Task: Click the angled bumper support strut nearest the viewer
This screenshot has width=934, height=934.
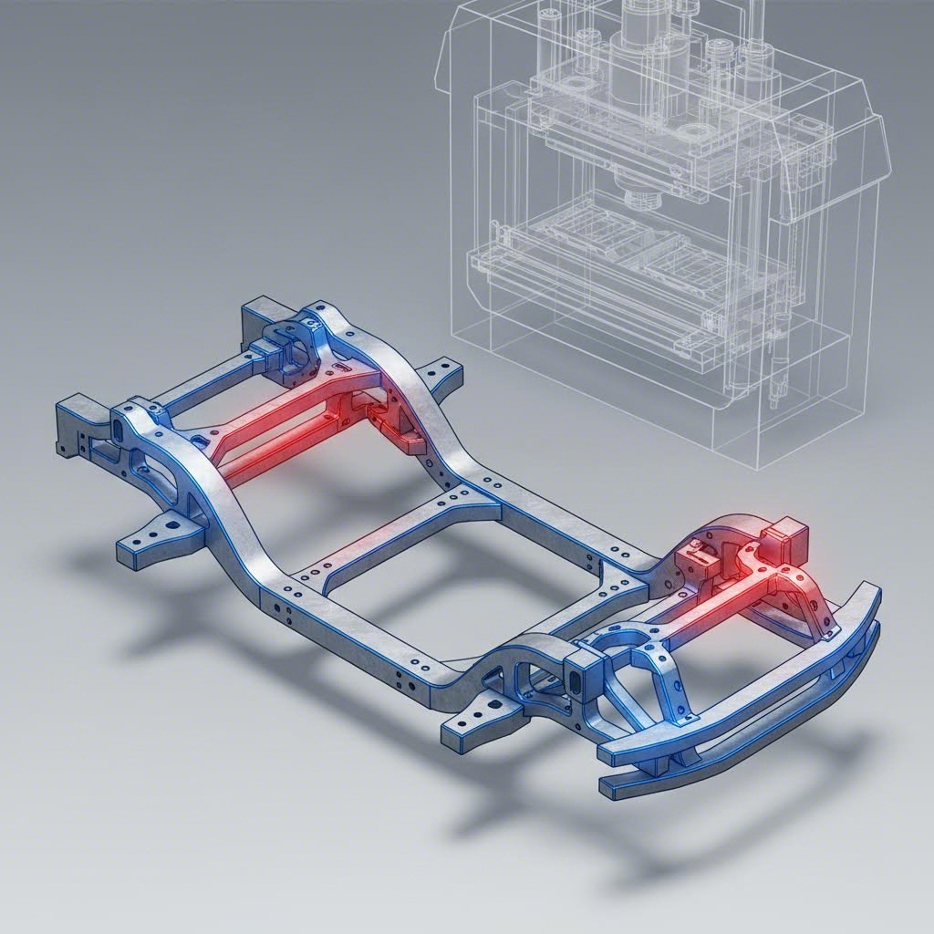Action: tap(629, 711)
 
